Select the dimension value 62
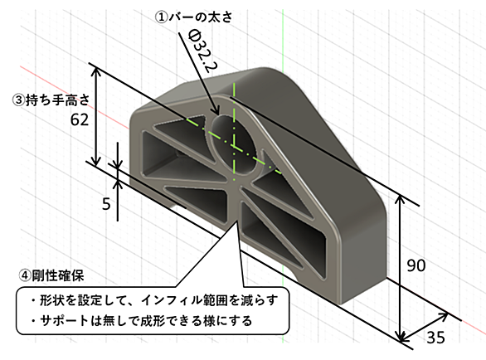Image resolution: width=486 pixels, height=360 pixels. pos(80,119)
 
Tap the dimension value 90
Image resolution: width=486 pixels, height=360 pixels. pos(416,265)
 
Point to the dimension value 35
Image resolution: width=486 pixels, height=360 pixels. pos(435,338)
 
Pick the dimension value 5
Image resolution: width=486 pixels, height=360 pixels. pos(106,204)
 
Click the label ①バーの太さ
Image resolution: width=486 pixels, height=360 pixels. pos(193,17)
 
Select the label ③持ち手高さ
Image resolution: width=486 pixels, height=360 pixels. pos(51,100)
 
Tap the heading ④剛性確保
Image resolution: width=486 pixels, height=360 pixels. pos(51,275)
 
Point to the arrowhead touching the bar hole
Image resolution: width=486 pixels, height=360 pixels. pos(216,110)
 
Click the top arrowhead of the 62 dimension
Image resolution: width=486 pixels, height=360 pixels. pos(97,72)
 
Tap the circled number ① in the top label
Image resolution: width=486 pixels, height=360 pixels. pos(161,17)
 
